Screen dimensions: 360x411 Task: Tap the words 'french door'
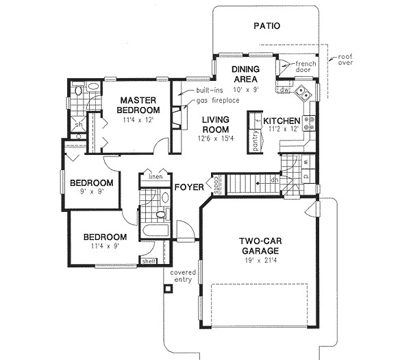(305, 67)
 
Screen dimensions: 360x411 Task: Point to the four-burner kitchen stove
(309, 123)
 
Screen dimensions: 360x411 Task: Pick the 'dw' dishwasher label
(284, 89)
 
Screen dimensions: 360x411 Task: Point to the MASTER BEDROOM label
(138, 104)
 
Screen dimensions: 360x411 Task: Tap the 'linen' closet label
(154, 176)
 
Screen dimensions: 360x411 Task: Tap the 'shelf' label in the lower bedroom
(148, 261)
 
